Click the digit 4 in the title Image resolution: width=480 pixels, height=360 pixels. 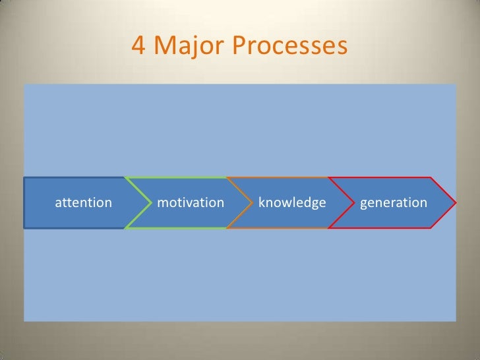tap(138, 46)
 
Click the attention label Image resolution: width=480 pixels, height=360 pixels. tap(83, 202)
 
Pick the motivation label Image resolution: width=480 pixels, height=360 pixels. tap(191, 202)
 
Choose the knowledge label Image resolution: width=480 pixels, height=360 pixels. tap(292, 202)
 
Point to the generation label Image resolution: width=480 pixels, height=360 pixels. tap(394, 202)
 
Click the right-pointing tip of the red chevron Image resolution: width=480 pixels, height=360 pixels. tap(454, 202)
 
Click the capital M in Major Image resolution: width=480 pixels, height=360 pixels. tap(165, 46)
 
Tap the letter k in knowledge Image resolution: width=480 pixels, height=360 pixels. tap(262, 202)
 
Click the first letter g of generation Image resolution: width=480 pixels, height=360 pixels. tap(364, 204)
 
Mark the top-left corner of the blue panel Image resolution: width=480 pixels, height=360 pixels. tap(25, 85)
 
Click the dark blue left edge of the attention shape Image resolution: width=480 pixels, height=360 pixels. tap(25, 202)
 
